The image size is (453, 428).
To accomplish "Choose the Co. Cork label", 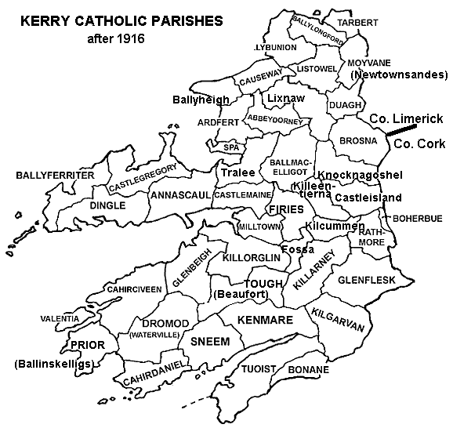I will (416, 144).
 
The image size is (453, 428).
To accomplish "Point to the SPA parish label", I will (230, 147).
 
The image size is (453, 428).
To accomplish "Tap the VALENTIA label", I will (60, 319).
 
